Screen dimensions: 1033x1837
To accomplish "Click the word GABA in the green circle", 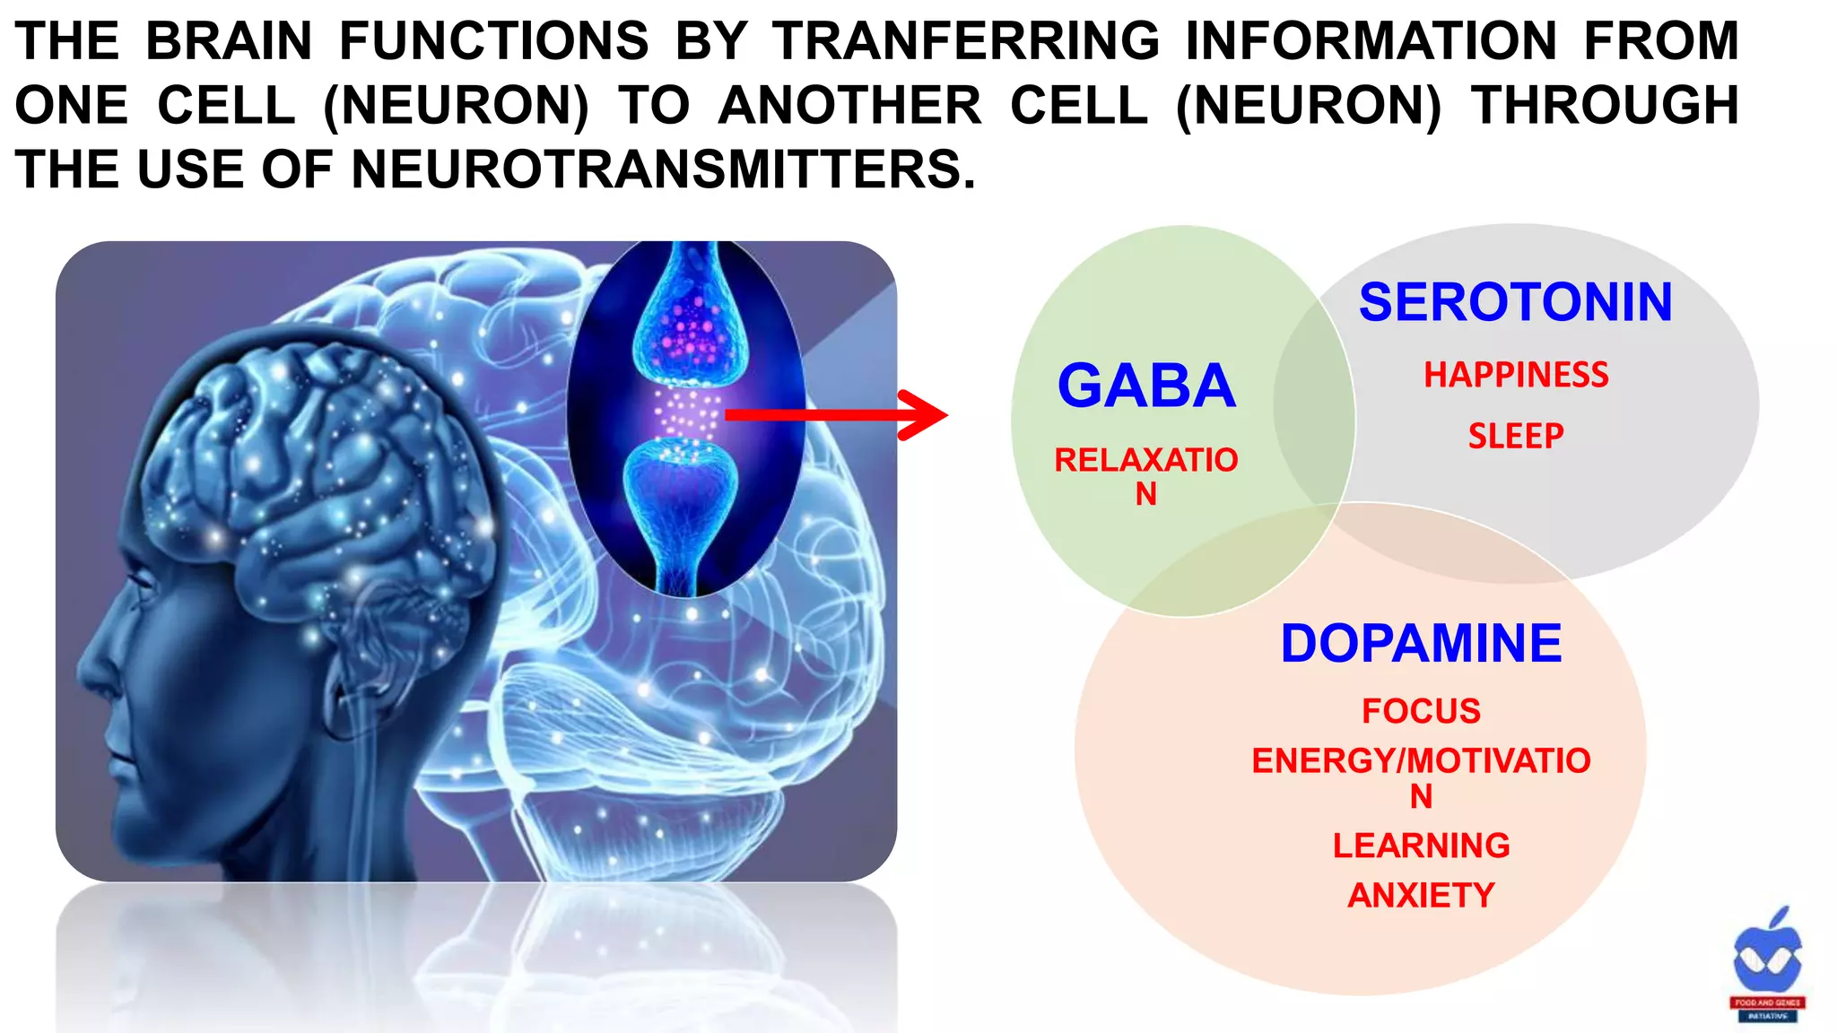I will [1146, 386].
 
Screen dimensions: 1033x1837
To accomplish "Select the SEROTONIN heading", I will [1515, 302].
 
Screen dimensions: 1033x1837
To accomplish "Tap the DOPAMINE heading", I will [1421, 643].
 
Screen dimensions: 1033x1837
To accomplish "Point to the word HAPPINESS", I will [1516, 375].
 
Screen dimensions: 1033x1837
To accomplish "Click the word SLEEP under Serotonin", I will [1516, 437].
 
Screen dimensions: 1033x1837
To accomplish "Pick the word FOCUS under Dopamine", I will [1421, 711].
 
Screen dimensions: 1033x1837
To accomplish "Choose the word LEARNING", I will [1421, 846].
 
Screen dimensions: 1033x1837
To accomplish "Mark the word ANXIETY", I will [1421, 895].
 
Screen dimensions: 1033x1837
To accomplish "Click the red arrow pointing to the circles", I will [834, 414].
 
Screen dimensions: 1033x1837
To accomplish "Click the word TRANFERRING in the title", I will [966, 41].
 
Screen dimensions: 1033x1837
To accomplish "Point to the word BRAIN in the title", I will [229, 41].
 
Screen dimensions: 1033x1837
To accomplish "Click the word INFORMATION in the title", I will [1371, 41].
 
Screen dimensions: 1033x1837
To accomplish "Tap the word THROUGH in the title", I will [1605, 105].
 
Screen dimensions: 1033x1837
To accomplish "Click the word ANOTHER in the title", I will [849, 105].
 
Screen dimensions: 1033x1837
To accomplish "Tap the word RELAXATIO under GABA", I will [1145, 460].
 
